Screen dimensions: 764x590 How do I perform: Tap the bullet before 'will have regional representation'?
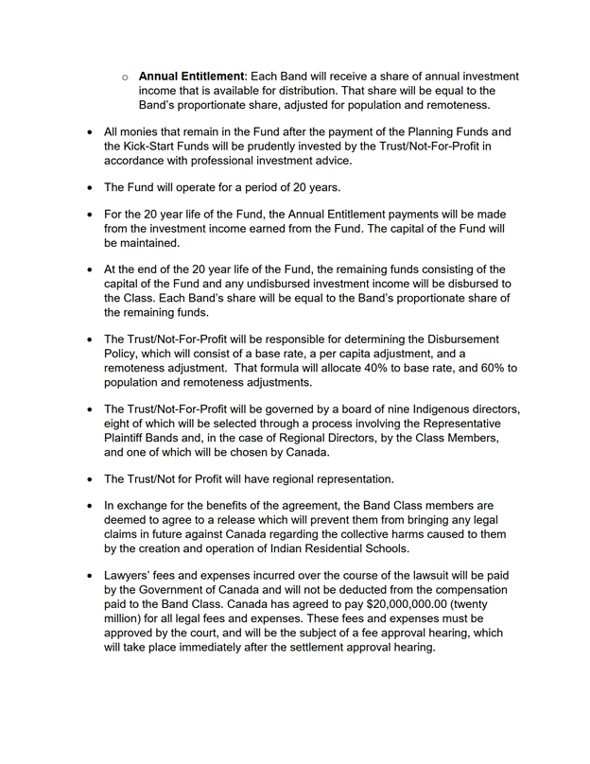(90, 477)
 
